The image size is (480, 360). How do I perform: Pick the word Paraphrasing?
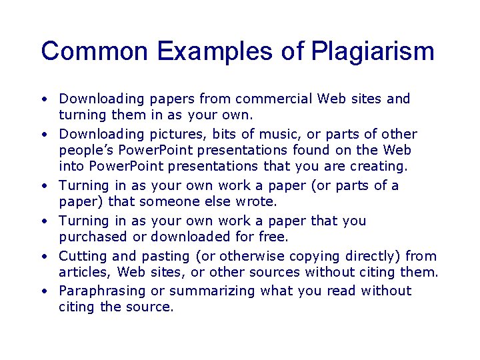coord(103,291)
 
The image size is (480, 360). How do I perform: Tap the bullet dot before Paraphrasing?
coord(43,291)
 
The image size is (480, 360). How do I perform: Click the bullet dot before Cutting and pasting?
coord(43,257)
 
